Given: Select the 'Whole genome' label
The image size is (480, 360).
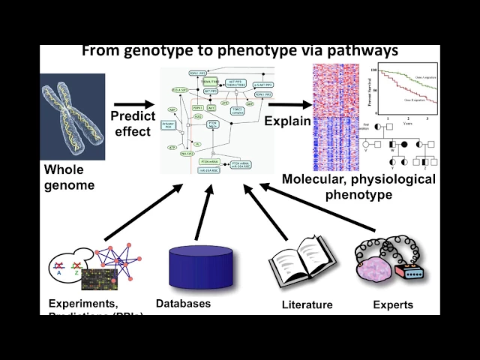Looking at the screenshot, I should [69, 176].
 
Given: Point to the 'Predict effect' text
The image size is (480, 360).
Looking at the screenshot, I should [133, 122].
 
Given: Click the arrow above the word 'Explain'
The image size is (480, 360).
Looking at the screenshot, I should [289, 105].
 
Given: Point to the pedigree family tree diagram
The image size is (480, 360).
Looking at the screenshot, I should [402, 142].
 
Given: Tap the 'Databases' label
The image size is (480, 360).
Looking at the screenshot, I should [183, 304].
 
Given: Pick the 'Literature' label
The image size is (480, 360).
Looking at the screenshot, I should [307, 304].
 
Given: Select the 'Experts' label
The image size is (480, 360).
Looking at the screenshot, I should [393, 304].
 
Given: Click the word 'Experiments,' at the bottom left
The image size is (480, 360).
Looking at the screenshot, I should [82, 304].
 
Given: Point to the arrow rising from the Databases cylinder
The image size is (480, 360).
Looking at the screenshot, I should [199, 214].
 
